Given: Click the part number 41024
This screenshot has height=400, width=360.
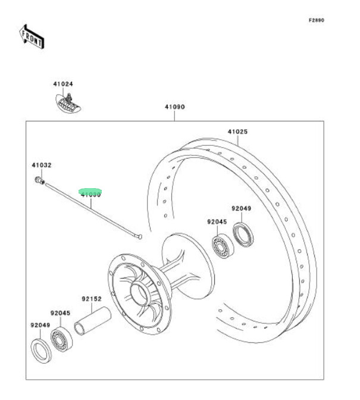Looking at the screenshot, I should pyautogui.click(x=62, y=85).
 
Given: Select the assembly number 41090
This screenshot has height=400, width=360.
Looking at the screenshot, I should pyautogui.click(x=175, y=108).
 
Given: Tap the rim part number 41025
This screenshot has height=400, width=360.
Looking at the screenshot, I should pyautogui.click(x=237, y=132).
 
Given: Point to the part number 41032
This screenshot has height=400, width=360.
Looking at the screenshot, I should pyautogui.click(x=41, y=165).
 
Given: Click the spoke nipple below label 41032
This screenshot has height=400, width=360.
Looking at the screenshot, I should pyautogui.click(x=40, y=179).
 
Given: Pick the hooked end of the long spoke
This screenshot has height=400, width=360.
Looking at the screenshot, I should pyautogui.click(x=139, y=237).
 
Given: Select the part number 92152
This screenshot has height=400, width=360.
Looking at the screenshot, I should pyautogui.click(x=92, y=299).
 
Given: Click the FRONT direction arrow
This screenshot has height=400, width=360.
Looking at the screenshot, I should pyautogui.click(x=32, y=37).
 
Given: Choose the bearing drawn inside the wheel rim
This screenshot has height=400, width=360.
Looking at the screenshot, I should pyautogui.click(x=223, y=245).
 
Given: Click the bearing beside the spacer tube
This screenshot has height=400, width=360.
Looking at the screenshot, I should pyautogui.click(x=61, y=338).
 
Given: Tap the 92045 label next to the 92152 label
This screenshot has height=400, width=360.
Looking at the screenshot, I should pyautogui.click(x=60, y=312).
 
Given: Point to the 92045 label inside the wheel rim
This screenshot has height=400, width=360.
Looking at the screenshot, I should pyautogui.click(x=217, y=221).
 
